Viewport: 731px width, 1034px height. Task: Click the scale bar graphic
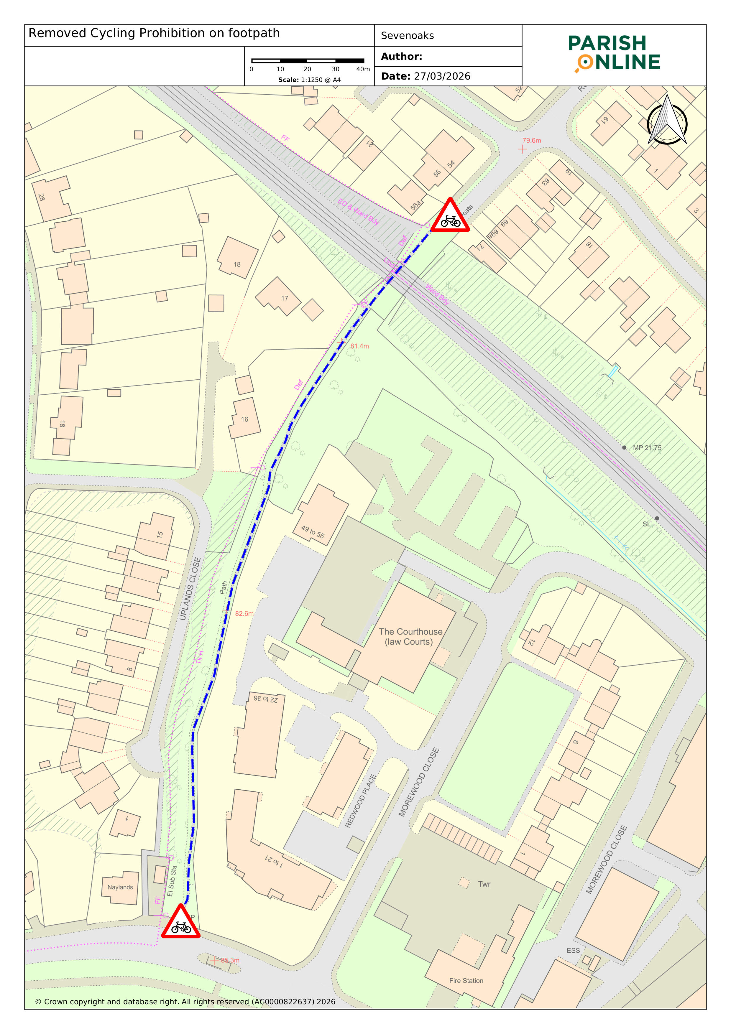[x=308, y=61]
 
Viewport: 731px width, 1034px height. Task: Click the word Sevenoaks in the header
[x=407, y=36]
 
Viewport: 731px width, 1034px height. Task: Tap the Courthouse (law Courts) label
[x=410, y=636]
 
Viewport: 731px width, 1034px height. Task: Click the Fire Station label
[x=466, y=980]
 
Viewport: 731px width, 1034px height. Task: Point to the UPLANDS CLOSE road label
[x=190, y=589]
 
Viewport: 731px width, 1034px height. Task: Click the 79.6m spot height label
[x=531, y=141]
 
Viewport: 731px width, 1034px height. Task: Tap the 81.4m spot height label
[x=359, y=346]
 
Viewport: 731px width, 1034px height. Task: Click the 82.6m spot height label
[x=244, y=613]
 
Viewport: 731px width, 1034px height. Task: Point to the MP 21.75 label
[x=647, y=448]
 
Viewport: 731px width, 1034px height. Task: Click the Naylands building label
[x=120, y=887]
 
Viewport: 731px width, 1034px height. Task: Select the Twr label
[x=484, y=884]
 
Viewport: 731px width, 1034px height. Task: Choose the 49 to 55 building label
[x=313, y=532]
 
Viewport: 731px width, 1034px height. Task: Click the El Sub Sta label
[x=172, y=880]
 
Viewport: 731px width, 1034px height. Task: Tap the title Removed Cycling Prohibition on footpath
[x=154, y=33]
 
